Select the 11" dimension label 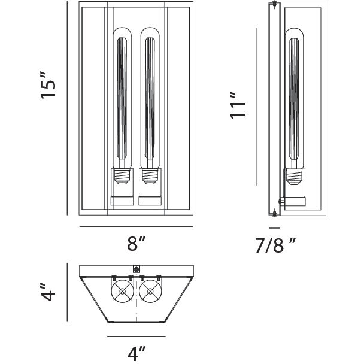pos(238,106)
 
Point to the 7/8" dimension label pos(274,244)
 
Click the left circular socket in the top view pos(123,292)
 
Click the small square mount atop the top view pos(135,269)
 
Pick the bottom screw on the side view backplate pos(274,211)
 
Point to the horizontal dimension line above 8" pos(136,227)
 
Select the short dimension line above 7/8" pos(274,227)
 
